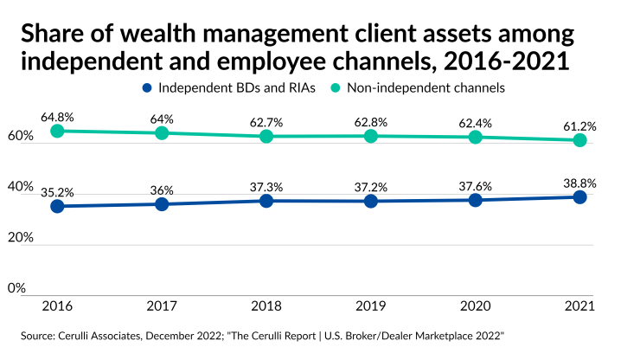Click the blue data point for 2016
tap(57, 206)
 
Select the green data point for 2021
tap(580, 140)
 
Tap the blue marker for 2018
tap(266, 201)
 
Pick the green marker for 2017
tap(162, 133)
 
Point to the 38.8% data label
tap(580, 183)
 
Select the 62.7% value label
tap(266, 121)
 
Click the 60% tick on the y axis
tap(20, 137)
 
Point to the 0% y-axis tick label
tap(16, 287)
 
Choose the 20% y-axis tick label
tap(20, 237)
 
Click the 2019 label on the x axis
tap(371, 305)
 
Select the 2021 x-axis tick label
tap(580, 305)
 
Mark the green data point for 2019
tap(371, 136)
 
